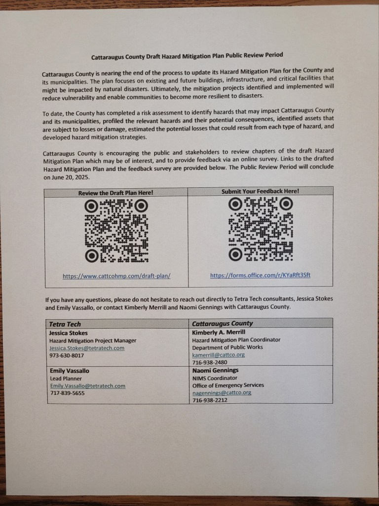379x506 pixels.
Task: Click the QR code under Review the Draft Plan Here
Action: tap(116, 230)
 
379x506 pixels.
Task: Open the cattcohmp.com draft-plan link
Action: tap(116, 276)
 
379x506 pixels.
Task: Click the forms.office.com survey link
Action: tap(260, 275)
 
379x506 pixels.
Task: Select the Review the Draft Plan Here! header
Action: tap(116, 193)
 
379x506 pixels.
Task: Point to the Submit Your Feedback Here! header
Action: tap(260, 191)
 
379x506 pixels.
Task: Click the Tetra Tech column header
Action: tap(67, 324)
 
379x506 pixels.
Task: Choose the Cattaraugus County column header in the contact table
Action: tap(222, 323)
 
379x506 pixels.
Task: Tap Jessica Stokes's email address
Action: tap(87, 348)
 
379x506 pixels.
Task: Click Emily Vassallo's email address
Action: tap(87, 386)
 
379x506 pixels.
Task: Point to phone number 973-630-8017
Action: tap(67, 355)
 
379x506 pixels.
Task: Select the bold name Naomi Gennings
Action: tap(215, 370)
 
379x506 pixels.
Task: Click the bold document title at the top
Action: tap(187, 56)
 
